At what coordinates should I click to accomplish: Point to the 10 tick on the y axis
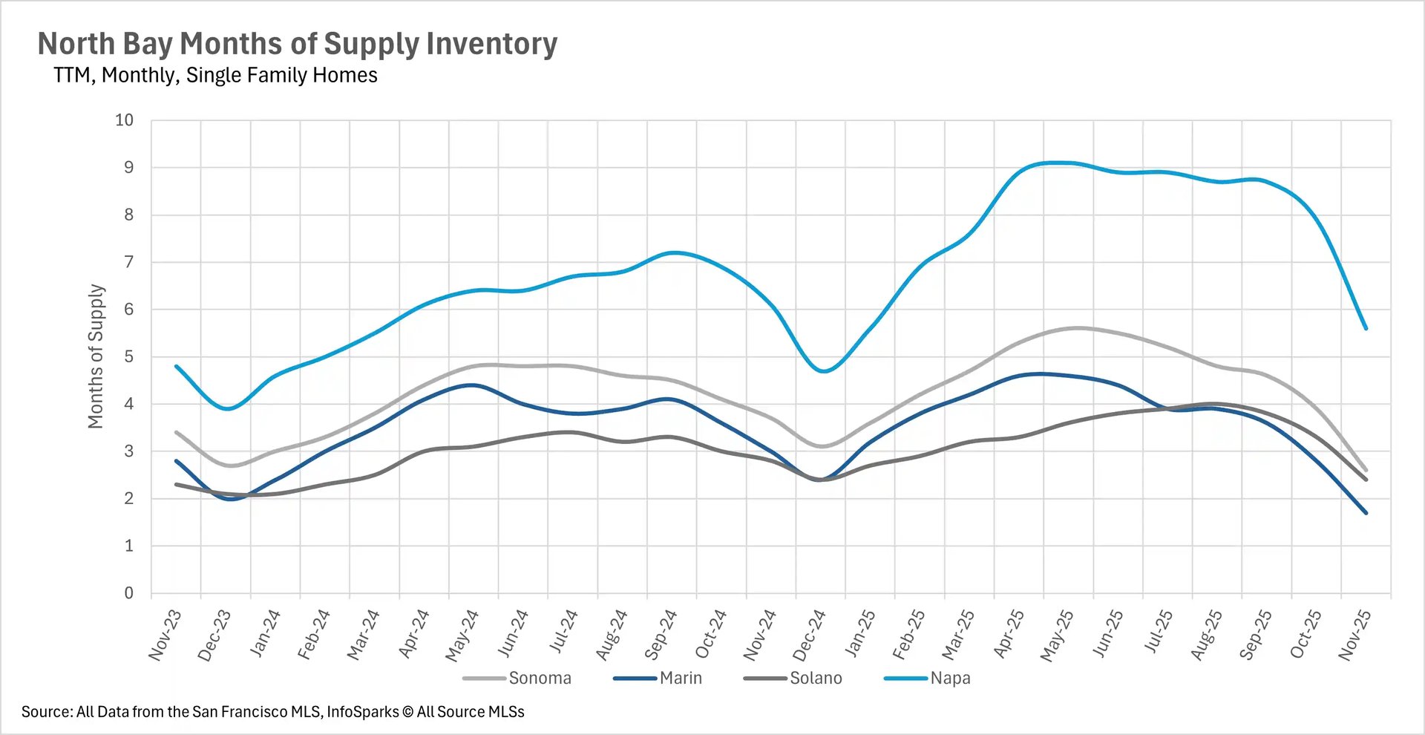point(124,120)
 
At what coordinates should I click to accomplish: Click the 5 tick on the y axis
point(129,357)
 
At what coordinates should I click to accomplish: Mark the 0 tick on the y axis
point(129,593)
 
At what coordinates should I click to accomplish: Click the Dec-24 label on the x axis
point(809,636)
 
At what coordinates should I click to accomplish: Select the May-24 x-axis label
point(462,636)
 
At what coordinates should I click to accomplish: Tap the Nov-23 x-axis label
point(164,636)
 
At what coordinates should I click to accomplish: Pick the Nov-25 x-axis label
point(1354,636)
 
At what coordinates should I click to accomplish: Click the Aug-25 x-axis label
point(1206,636)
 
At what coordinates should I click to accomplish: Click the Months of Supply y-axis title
point(96,356)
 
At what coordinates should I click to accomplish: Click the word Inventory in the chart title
point(491,44)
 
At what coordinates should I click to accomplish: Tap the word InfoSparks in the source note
point(362,712)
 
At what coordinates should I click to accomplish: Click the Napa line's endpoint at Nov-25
point(1366,328)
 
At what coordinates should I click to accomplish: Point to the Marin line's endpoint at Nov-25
point(1366,512)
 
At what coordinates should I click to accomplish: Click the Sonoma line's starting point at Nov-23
point(176,432)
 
